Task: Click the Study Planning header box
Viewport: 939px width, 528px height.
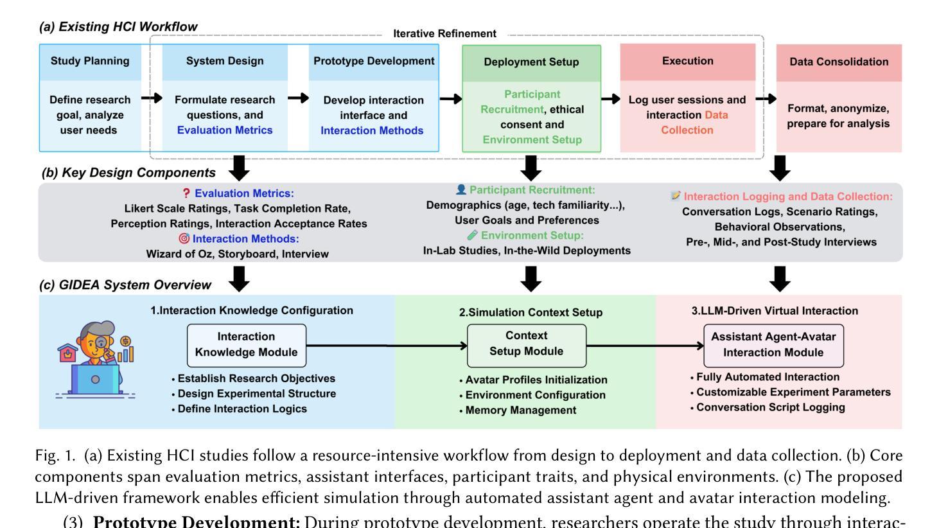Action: (x=90, y=62)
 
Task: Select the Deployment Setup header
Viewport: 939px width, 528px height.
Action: (x=531, y=62)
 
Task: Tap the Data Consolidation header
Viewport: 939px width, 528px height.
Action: (x=839, y=62)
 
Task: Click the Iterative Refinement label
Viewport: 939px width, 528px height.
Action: (x=444, y=33)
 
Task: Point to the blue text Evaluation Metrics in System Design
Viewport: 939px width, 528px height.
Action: (x=225, y=130)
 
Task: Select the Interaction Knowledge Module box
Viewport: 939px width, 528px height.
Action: (x=246, y=345)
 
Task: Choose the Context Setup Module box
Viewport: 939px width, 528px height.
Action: (x=526, y=344)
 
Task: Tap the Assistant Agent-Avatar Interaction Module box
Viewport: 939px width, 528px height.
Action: (x=773, y=345)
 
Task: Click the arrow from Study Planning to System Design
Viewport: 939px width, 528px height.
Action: (x=152, y=98)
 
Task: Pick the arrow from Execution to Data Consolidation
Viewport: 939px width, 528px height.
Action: (x=766, y=99)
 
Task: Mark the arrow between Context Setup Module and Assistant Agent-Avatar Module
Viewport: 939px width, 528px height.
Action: (x=645, y=346)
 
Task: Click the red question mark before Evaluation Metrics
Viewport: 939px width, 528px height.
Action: (x=186, y=193)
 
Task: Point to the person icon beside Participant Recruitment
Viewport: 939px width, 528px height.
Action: (x=461, y=190)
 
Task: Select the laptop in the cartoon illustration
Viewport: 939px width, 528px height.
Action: (x=95, y=379)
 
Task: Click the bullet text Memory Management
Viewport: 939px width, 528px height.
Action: (x=520, y=410)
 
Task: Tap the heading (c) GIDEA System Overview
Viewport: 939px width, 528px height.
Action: (x=125, y=285)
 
